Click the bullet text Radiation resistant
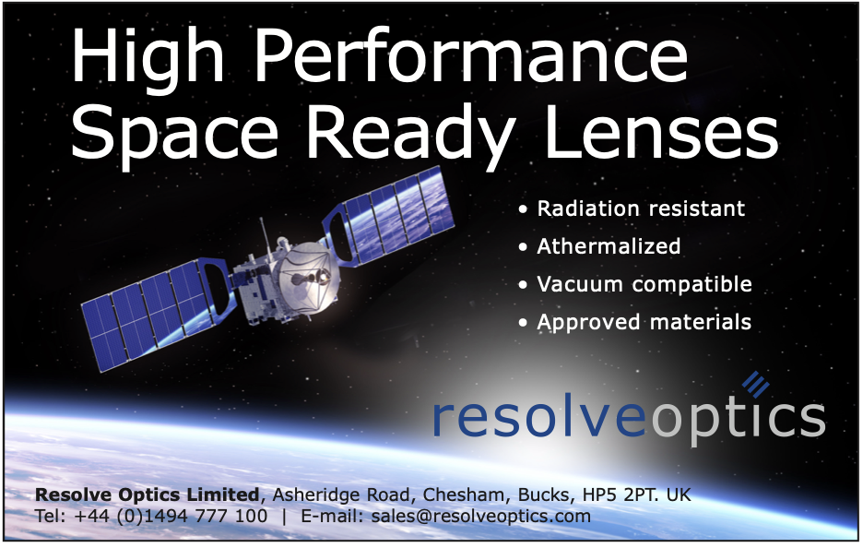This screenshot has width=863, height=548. point(641,208)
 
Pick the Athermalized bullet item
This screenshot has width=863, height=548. point(609,246)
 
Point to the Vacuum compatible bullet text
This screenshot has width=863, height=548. point(644,284)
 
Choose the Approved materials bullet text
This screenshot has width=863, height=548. point(644,322)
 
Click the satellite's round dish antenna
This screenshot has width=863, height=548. point(307,274)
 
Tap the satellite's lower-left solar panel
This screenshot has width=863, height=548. point(155,313)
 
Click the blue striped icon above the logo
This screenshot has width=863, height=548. point(755,384)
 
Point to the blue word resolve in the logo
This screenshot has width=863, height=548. point(539,419)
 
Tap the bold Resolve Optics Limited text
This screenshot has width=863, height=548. point(147,494)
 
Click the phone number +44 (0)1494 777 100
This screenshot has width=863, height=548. point(171,516)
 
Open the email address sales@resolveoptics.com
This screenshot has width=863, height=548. point(481,516)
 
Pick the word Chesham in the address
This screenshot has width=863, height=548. point(463,494)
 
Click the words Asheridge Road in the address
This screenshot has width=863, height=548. point(341,494)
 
